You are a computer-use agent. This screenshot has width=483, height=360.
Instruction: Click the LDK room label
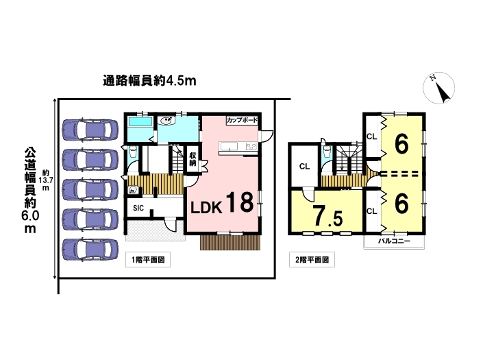pyautogui.click(x=206, y=208)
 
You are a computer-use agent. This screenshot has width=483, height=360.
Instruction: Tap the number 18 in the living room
pyautogui.click(x=240, y=202)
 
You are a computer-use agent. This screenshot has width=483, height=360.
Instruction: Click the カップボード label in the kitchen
pyautogui.click(x=242, y=120)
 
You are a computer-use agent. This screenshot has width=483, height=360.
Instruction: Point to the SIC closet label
pyautogui.click(x=138, y=208)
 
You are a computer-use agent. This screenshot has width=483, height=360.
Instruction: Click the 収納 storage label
pyautogui.click(x=193, y=158)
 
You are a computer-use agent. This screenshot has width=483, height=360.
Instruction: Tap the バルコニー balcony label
pyautogui.click(x=395, y=241)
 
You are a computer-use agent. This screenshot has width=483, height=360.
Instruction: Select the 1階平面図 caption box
pyautogui.click(x=148, y=260)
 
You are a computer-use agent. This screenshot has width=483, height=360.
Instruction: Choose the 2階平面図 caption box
pyautogui.click(x=312, y=260)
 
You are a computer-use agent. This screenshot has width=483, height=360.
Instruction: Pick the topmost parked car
pyautogui.click(x=90, y=130)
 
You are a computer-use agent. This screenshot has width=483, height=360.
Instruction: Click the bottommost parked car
pyautogui.click(x=90, y=250)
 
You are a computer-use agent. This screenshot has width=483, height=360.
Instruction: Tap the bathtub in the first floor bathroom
pyautogui.click(x=140, y=121)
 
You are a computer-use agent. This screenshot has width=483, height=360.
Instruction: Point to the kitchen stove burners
pyautogui.click(x=251, y=147)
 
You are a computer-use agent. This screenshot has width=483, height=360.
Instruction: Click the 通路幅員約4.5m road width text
pyautogui.click(x=149, y=81)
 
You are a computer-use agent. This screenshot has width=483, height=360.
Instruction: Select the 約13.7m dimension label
pyautogui.click(x=46, y=180)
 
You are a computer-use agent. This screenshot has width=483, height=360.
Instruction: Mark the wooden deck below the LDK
pyautogui.click(x=230, y=243)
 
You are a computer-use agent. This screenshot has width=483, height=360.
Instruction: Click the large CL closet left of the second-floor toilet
pyautogui.click(x=304, y=167)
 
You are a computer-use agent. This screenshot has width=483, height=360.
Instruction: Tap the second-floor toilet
pyautogui.click(x=327, y=152)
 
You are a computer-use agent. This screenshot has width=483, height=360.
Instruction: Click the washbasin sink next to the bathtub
pyautogui.click(x=167, y=121)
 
